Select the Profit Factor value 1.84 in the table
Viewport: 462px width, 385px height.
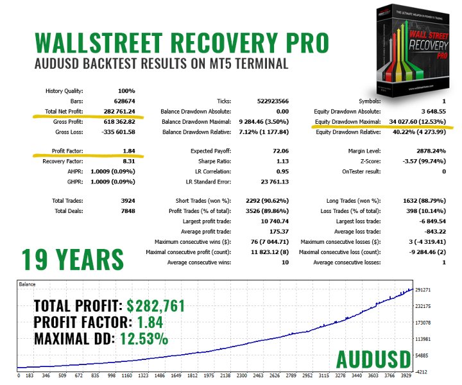[127, 151]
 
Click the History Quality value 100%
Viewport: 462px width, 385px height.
[126, 91]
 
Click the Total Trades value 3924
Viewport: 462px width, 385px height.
[126, 201]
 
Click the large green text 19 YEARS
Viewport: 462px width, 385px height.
[73, 259]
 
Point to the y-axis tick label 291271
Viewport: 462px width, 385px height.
[424, 290]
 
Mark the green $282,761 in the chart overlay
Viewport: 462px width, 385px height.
[167, 305]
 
